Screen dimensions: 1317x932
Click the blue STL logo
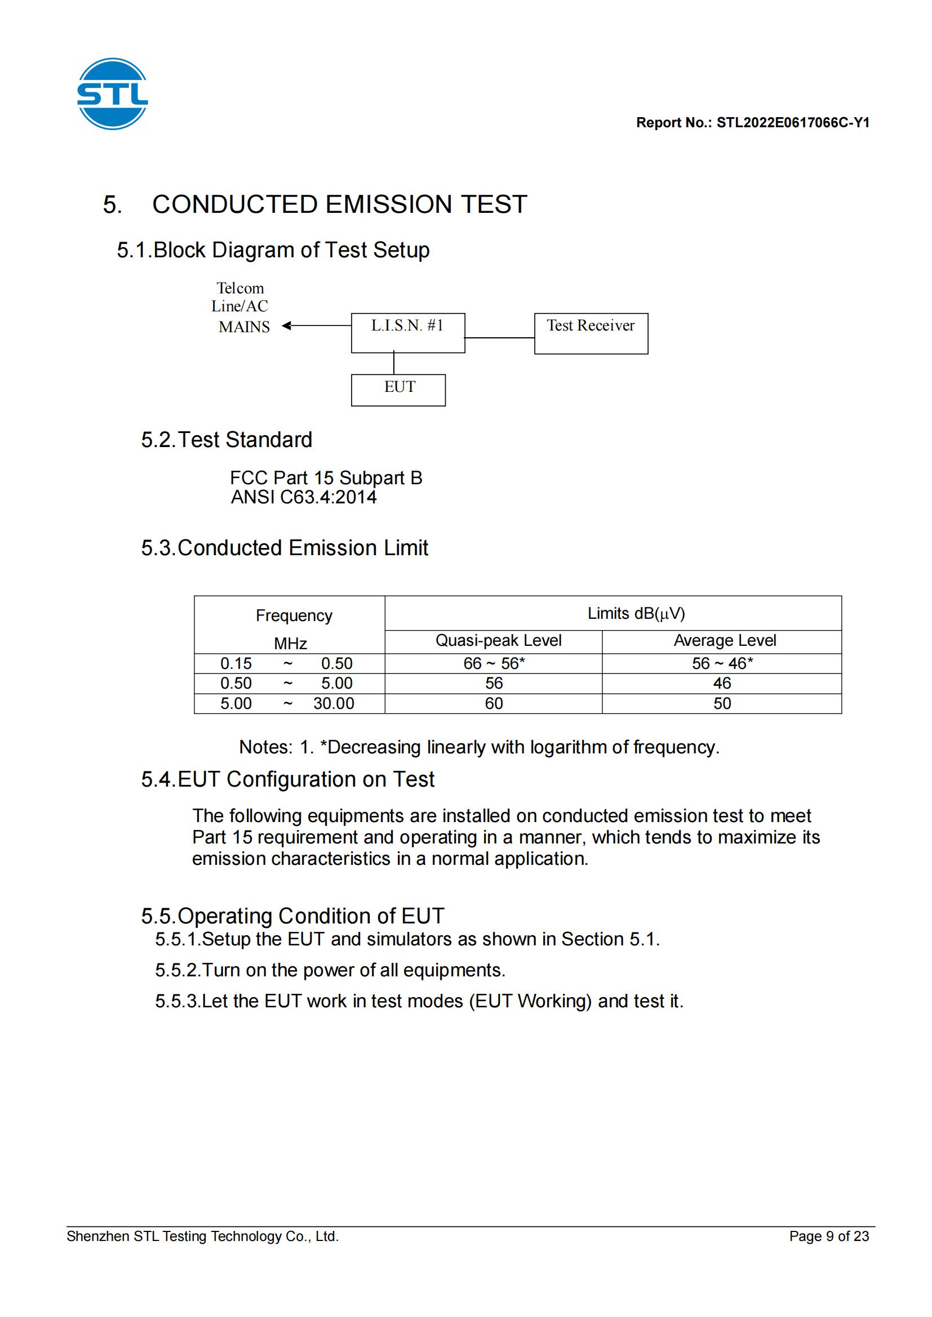(113, 93)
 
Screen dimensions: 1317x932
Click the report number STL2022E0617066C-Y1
(793, 123)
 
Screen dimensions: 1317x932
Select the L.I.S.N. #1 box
(407, 333)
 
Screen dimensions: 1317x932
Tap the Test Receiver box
(591, 333)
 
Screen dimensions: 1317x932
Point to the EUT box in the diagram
(398, 390)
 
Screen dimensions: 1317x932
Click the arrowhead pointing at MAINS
(286, 326)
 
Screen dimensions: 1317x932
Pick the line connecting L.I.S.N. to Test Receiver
(499, 338)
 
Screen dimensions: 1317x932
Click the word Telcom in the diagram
(240, 288)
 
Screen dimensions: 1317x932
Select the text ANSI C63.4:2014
(304, 497)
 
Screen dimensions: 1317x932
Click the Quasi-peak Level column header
(498, 640)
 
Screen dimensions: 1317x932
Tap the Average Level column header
(724, 640)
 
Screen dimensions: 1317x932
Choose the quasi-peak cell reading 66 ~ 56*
(494, 664)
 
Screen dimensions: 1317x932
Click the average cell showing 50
(722, 704)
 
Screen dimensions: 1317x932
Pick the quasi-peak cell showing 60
(494, 704)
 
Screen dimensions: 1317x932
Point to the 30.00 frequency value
(334, 704)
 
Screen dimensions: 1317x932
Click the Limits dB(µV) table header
(636, 614)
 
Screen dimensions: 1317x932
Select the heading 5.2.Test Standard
(227, 440)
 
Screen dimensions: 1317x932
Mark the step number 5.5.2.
(177, 970)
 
